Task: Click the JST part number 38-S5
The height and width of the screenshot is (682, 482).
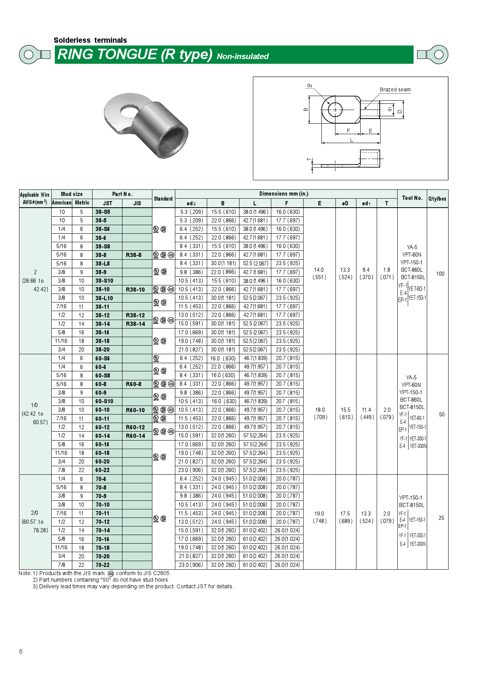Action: point(103,212)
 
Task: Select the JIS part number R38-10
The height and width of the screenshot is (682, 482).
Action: point(135,290)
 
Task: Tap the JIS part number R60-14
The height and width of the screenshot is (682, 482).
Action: point(135,436)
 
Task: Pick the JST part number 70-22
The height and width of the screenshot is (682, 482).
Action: point(103,565)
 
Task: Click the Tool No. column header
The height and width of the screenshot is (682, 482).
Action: point(412,198)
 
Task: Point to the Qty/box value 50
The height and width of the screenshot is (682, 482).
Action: point(442,414)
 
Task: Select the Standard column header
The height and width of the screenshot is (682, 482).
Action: point(163,199)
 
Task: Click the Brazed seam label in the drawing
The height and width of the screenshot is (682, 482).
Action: point(395,89)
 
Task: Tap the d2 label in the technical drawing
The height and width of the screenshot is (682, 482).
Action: point(309,85)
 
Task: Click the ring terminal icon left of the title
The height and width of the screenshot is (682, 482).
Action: point(34,54)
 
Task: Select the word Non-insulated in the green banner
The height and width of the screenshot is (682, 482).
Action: point(243,56)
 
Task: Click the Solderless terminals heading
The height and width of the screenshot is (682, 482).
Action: point(90,40)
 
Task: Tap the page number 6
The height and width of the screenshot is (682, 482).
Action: point(21,651)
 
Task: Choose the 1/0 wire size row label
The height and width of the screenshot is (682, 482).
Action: point(34,405)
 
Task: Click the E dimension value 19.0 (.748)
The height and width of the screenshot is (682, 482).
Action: point(320,517)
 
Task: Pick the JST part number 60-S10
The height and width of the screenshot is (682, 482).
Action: point(104,401)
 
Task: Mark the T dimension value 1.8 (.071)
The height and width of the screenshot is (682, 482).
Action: point(387,273)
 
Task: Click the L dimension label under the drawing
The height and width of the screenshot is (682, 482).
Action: point(351,140)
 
